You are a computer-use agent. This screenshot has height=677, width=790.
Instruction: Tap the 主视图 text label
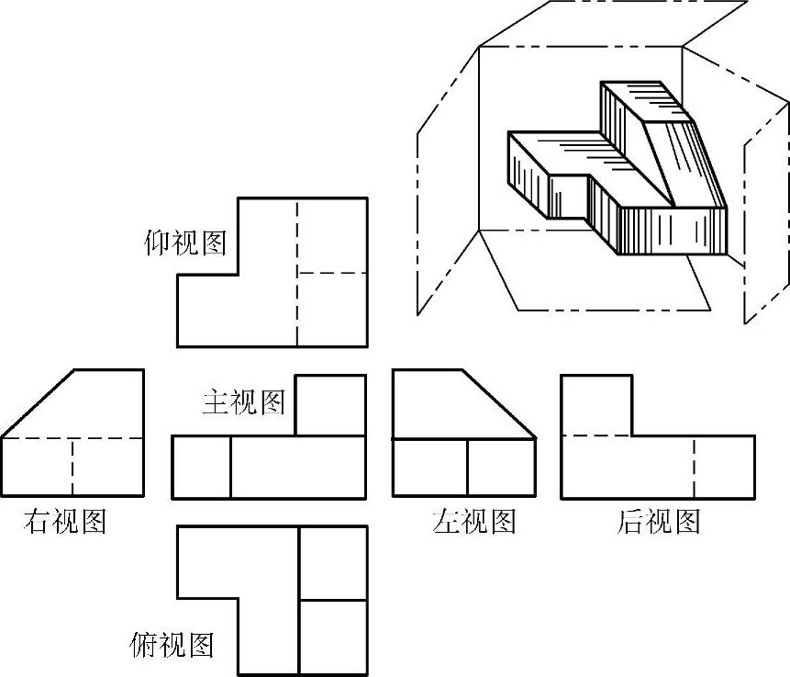click(243, 401)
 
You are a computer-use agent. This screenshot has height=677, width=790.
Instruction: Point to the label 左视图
click(473, 522)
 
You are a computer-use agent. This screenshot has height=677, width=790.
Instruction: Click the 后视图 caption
click(659, 522)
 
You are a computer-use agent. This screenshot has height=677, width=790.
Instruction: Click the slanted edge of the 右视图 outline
click(37, 404)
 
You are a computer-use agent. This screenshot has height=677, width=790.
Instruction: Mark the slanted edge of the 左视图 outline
click(500, 404)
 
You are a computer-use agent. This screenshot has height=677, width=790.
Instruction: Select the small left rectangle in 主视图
click(201, 468)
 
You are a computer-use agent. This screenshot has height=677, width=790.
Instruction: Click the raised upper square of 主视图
click(330, 405)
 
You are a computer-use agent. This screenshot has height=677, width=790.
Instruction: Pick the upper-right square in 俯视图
click(332, 563)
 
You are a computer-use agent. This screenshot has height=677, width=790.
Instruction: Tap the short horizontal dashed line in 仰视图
click(331, 273)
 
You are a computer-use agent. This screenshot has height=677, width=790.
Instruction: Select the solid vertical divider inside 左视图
click(468, 468)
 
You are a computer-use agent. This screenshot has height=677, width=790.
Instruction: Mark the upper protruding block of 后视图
click(596, 404)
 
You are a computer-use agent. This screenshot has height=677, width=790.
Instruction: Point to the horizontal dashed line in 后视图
click(596, 434)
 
